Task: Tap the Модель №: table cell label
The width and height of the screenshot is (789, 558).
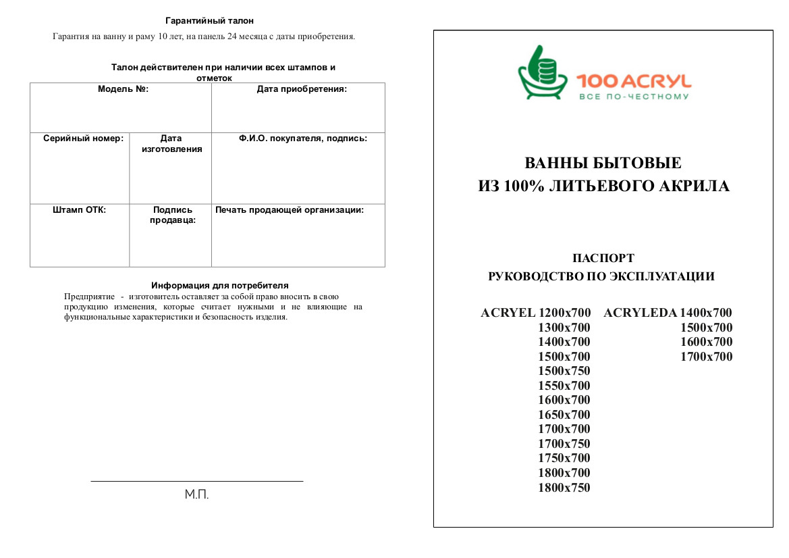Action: tap(123, 89)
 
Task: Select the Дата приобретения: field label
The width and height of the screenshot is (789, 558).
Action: tap(302, 89)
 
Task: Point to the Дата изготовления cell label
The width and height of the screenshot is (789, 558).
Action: tap(171, 144)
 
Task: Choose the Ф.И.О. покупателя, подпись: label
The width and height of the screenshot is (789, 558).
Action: tap(303, 138)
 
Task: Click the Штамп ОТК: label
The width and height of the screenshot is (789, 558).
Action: tap(80, 210)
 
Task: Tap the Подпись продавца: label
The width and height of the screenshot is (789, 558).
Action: tap(173, 215)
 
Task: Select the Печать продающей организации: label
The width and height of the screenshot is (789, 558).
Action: tap(290, 210)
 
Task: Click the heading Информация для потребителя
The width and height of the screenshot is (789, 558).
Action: tap(220, 286)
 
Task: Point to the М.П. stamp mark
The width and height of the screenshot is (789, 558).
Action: tap(197, 495)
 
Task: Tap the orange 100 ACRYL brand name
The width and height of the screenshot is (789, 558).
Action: tap(634, 82)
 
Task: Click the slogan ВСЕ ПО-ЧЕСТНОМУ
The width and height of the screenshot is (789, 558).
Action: tap(634, 97)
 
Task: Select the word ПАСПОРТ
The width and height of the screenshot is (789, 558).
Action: tap(603, 258)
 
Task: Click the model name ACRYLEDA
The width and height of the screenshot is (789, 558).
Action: tap(640, 313)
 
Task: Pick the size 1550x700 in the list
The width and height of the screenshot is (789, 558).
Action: tap(564, 386)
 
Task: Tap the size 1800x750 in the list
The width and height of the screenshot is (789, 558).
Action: tap(564, 488)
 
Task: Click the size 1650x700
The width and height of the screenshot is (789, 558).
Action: tap(564, 415)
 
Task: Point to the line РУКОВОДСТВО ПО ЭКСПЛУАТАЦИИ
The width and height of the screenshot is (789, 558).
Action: tap(601, 276)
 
